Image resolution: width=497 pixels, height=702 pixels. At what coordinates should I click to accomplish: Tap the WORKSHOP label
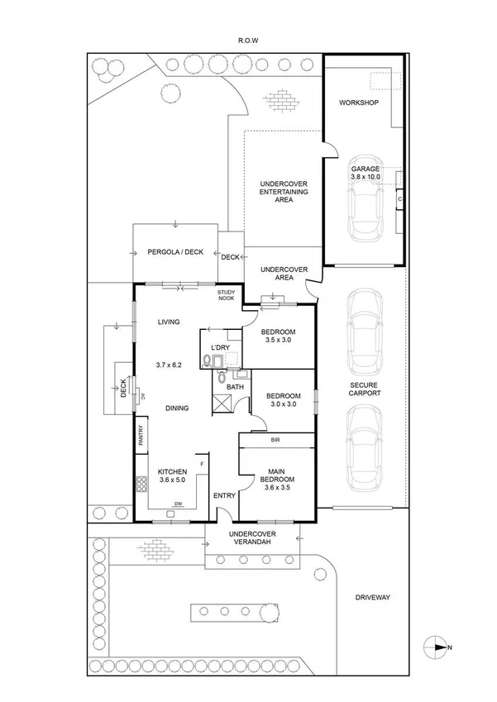[x=358, y=103]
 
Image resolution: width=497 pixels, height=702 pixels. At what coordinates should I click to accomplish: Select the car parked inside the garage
[x=364, y=198]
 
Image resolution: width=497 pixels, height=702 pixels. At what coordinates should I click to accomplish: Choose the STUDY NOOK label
[x=226, y=297]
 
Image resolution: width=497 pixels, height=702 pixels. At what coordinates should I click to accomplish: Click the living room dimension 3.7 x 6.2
[x=169, y=365]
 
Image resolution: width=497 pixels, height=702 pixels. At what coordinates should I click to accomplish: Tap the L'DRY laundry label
[x=219, y=347]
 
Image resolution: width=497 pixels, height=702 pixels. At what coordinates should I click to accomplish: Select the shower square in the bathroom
[x=222, y=405]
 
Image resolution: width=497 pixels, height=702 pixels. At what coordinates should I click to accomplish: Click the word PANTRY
[x=141, y=436]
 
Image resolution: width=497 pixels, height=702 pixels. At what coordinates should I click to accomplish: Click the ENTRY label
[x=224, y=495]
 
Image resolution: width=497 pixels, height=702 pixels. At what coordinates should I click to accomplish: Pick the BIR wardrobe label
[x=275, y=442]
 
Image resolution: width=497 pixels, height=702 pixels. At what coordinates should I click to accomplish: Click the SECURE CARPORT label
[x=364, y=389]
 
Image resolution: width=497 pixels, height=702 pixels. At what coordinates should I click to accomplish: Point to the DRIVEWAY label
[x=372, y=597]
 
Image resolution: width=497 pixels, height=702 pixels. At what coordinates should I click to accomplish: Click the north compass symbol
[x=436, y=647]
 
